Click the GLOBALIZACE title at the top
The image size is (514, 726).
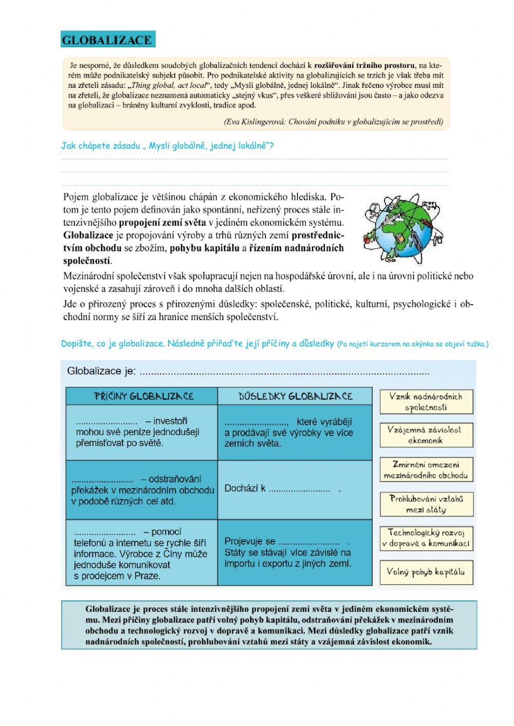pos(107,40)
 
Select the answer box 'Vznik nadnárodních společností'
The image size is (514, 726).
pos(426,402)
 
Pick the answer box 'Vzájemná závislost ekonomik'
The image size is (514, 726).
pos(426,435)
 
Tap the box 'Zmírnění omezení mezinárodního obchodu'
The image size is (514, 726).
pos(426,470)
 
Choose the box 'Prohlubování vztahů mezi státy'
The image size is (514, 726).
pos(426,504)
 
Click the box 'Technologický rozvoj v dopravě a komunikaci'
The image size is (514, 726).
pos(426,538)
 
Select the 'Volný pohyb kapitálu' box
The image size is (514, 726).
pos(426,572)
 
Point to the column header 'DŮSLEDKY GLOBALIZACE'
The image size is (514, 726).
pos(296,396)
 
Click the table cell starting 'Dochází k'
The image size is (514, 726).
pos(295,489)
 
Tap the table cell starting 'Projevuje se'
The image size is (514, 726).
pos(295,552)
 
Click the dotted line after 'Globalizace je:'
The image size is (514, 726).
pos(284,373)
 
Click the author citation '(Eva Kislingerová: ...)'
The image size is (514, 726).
pos(334,122)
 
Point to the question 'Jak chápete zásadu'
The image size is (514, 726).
pos(168,145)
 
